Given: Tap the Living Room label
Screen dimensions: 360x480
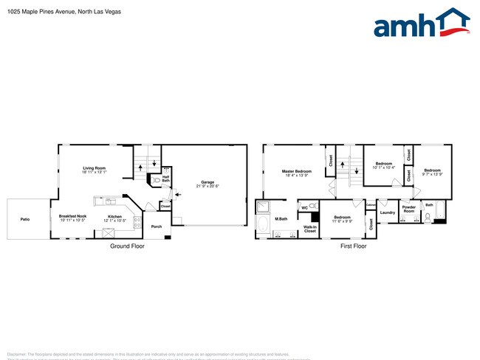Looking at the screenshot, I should click(95, 168).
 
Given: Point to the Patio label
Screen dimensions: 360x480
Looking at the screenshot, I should click(25, 219).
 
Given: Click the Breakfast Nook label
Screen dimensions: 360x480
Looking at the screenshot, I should click(72, 216).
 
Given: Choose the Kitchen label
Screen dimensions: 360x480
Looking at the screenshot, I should click(114, 216).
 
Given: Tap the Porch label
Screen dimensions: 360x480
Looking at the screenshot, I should click(157, 226).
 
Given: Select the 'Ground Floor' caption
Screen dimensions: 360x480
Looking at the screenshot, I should click(127, 246).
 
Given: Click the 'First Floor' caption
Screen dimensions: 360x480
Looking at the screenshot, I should click(353, 246).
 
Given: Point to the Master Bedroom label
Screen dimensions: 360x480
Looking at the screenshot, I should click(296, 171).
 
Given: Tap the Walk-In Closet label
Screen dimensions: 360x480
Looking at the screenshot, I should click(309, 229).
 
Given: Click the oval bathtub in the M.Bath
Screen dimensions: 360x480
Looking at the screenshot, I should click(264, 224).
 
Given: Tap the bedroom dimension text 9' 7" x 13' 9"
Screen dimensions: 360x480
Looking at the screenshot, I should click(432, 174).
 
